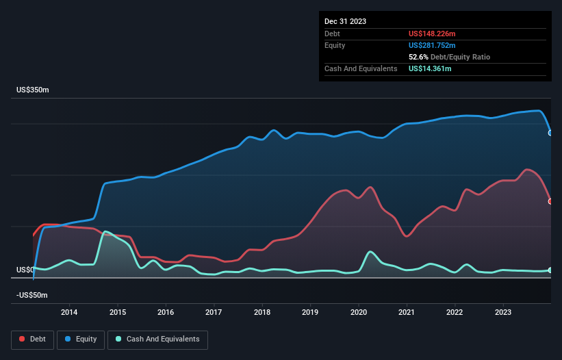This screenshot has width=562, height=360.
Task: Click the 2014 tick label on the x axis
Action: point(69,313)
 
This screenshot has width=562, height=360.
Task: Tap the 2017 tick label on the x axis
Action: point(214,313)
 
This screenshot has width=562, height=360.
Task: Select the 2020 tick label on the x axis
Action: point(359,313)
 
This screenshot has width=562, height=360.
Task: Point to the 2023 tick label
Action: point(503,313)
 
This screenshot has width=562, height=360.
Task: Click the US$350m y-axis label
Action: point(33,90)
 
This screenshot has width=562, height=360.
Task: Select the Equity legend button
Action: point(81,339)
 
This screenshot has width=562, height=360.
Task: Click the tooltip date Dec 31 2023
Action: point(346,21)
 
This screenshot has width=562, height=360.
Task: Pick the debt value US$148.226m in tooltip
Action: point(433,34)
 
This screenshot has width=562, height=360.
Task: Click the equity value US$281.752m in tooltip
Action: point(433,45)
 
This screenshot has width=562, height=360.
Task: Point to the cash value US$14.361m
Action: point(430,68)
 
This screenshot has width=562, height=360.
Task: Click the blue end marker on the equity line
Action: point(550,133)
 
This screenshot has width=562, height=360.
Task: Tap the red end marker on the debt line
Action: point(550,201)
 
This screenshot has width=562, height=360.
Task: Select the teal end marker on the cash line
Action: point(550,270)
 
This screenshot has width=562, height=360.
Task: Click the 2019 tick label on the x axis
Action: point(311,313)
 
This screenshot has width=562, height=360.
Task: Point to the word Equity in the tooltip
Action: point(335,45)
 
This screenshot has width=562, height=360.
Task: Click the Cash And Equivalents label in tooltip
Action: point(361,68)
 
